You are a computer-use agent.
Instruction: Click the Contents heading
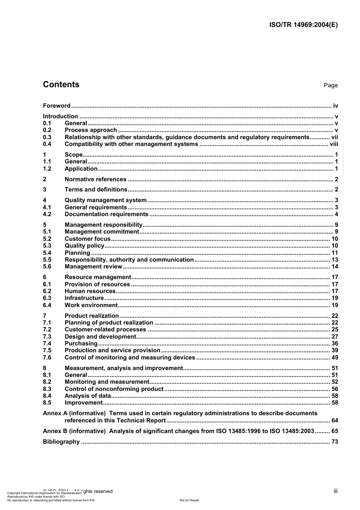point(61,85)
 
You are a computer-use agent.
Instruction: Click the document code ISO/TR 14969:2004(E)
point(303,25)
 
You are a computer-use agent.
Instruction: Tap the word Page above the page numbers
point(330,85)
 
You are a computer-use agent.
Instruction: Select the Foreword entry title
point(56,106)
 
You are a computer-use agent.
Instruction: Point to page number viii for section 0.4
point(333,144)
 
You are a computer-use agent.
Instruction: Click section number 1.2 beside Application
point(47,169)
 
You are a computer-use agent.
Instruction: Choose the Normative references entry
point(95,179)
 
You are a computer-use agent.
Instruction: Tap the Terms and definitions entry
point(96,190)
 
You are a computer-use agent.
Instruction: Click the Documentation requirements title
point(106,214)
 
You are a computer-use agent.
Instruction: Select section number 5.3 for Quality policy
point(47,246)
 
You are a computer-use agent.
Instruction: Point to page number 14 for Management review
point(335,267)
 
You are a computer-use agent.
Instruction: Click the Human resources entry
point(90,291)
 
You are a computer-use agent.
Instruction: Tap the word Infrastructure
point(84,298)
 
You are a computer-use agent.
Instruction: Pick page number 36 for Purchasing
point(335,344)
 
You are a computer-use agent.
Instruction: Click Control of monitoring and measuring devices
point(130,358)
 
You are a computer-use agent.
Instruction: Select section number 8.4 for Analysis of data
point(47,396)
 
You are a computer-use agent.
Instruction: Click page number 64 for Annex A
point(335,421)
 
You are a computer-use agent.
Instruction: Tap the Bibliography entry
point(61,442)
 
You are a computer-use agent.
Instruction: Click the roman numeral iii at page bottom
point(335,491)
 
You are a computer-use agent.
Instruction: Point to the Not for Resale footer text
point(189,500)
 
